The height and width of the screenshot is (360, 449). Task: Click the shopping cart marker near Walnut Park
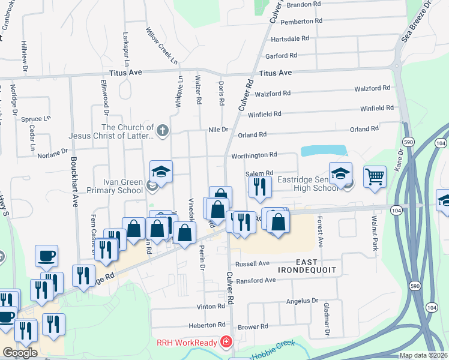(375, 177)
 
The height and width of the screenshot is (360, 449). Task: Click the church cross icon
(161, 130)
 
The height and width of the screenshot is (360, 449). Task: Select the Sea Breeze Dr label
(414, 24)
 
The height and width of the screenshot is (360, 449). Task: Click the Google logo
(20, 353)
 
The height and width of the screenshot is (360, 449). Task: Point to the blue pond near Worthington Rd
(324, 151)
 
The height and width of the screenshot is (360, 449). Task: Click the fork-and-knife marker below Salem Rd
(260, 187)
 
